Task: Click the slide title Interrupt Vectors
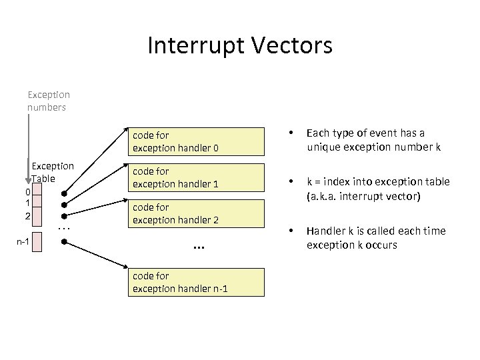click(x=239, y=46)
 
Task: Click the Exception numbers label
click(x=49, y=101)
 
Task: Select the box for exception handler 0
click(x=197, y=141)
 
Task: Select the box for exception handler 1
click(x=197, y=177)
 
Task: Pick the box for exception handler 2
click(x=197, y=213)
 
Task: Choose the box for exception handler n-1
click(x=197, y=282)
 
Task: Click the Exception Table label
click(x=53, y=172)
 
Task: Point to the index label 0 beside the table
click(x=27, y=192)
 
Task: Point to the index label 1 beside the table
click(x=27, y=203)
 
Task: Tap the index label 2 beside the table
click(x=27, y=216)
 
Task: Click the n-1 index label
click(x=22, y=241)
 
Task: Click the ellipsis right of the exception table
click(x=64, y=228)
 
